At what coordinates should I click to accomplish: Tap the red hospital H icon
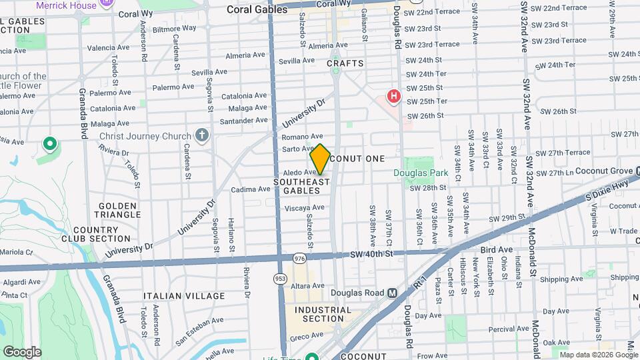pyautogui.click(x=393, y=96)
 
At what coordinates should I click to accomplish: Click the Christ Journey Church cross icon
pyautogui.click(x=202, y=136)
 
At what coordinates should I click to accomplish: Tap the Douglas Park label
pyautogui.click(x=416, y=173)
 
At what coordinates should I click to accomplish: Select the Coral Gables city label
pyautogui.click(x=252, y=10)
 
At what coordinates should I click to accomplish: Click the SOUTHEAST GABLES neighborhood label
pyautogui.click(x=302, y=186)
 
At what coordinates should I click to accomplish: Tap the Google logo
pyautogui.click(x=22, y=351)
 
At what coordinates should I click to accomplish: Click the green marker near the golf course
pyautogui.click(x=49, y=143)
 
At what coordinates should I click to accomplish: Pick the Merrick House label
pyautogui.click(x=67, y=5)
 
